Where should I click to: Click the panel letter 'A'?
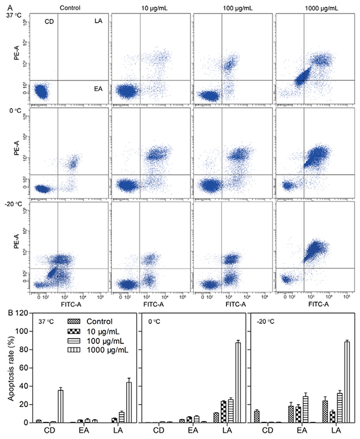(5, 6)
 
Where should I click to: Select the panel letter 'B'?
(5, 312)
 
